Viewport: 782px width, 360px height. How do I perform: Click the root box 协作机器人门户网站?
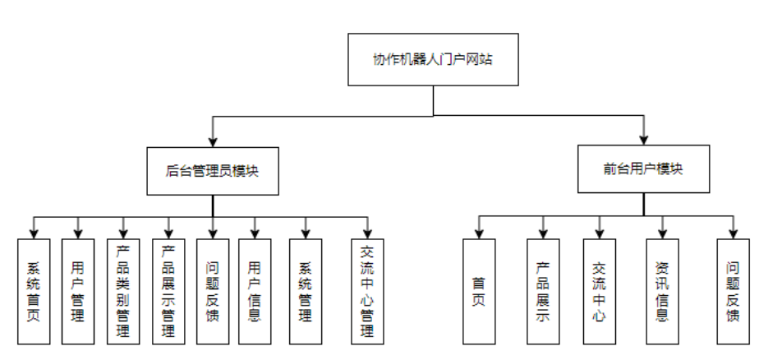(x=433, y=60)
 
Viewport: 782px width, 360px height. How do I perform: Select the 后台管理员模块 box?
(x=213, y=171)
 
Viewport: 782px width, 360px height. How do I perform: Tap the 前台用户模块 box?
(x=643, y=168)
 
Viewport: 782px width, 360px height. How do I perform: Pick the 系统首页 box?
(x=34, y=291)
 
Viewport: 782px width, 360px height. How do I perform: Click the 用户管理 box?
(x=78, y=291)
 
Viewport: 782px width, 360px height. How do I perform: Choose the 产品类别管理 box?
(x=123, y=291)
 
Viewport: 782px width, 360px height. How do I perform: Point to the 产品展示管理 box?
(x=168, y=291)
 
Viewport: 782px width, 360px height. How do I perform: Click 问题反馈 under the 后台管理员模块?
(x=213, y=291)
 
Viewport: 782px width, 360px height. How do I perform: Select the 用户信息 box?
(x=255, y=291)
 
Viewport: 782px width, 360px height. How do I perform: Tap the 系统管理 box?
(x=306, y=291)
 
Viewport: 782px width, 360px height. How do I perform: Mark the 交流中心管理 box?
(x=367, y=291)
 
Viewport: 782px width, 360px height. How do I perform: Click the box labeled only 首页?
(x=479, y=291)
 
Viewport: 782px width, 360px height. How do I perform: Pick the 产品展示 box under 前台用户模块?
(x=543, y=291)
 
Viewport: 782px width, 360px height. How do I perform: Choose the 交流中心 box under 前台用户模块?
(x=599, y=291)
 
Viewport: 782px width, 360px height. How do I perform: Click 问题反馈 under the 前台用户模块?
(x=733, y=291)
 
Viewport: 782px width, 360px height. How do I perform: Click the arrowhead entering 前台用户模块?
(x=643, y=139)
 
